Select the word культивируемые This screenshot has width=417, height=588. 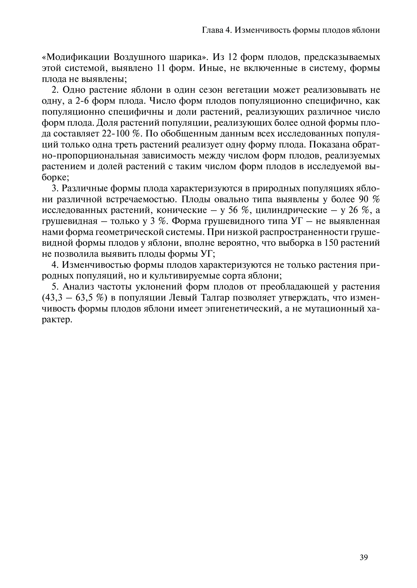195,276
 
